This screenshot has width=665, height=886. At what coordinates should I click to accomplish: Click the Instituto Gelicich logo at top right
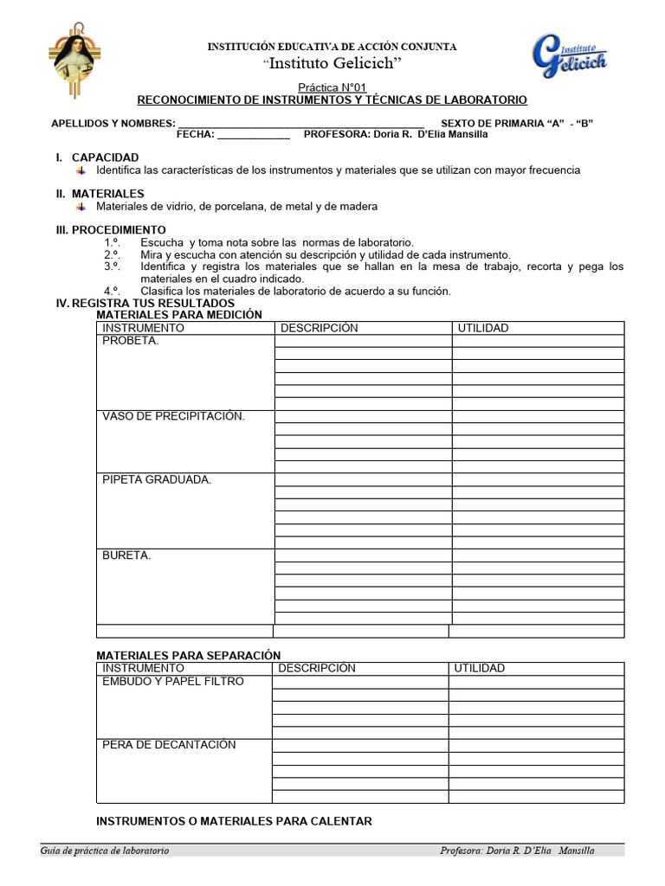568,58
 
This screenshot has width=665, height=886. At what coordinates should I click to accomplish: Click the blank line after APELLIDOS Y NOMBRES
300,123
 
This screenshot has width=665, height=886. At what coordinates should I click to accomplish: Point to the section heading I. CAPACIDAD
97,157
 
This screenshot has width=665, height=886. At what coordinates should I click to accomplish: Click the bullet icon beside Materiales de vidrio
81,207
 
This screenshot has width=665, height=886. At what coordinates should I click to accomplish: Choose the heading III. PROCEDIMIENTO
110,230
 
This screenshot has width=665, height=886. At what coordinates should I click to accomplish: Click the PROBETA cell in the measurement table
131,341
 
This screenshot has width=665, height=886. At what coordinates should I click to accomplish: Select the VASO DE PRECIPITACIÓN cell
173,416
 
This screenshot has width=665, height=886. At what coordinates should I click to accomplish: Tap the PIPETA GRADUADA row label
157,479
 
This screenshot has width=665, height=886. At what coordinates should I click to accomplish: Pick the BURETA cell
126,555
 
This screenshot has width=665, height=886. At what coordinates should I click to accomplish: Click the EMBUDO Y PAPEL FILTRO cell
173,682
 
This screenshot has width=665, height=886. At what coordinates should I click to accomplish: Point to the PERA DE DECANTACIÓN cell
169,745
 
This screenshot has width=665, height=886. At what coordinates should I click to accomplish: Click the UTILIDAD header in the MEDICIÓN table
483,328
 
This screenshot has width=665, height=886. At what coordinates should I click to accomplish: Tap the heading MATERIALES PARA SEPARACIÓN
188,656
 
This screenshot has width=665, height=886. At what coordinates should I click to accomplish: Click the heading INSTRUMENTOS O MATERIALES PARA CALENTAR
234,821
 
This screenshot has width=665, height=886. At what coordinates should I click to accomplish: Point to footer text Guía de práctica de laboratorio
105,851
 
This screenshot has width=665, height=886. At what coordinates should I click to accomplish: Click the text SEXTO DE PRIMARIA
490,123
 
